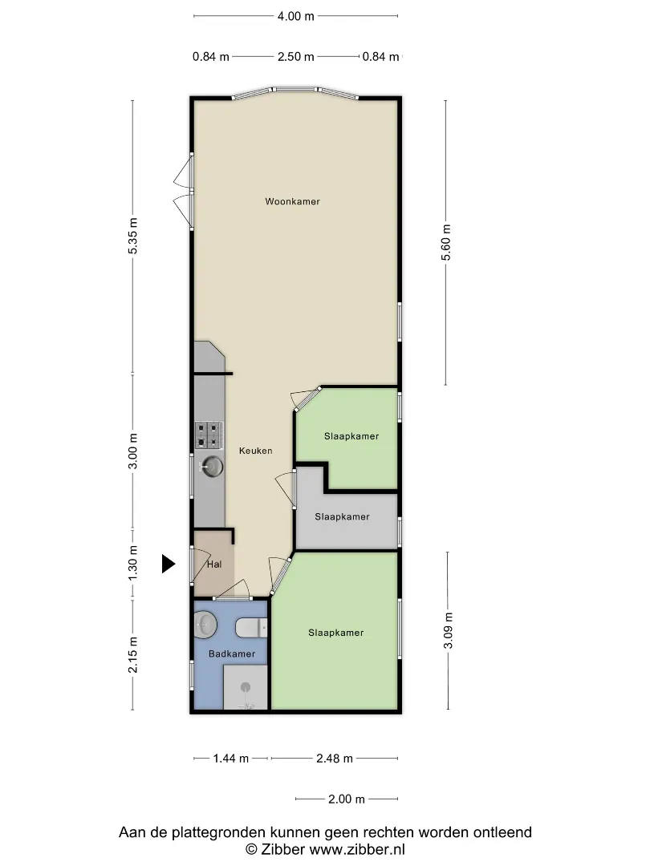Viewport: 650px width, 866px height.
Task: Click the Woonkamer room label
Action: (292, 201)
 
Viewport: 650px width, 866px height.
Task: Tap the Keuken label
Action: (255, 451)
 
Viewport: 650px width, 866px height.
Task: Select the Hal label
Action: (214, 564)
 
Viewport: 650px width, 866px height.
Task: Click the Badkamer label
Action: (232, 654)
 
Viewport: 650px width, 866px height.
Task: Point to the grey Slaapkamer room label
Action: (342, 517)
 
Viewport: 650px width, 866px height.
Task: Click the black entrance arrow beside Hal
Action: (168, 564)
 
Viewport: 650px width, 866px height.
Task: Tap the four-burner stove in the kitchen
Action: (209, 435)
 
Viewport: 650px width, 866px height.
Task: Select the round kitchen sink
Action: (212, 467)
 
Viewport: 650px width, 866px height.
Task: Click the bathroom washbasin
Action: (205, 625)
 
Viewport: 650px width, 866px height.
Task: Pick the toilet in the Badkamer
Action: (252, 627)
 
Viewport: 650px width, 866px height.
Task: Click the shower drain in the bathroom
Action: (246, 688)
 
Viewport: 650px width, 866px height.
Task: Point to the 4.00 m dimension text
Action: (295, 16)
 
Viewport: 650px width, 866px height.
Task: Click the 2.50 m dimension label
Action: (295, 56)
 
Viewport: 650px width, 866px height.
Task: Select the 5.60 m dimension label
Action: (447, 242)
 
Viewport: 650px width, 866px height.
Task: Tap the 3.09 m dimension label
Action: (449, 630)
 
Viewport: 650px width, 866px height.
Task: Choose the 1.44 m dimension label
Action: (231, 759)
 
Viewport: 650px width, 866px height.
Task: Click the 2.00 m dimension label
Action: (347, 799)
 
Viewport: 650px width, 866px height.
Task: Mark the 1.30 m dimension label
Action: (132, 563)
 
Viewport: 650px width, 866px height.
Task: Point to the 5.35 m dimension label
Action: (132, 236)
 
